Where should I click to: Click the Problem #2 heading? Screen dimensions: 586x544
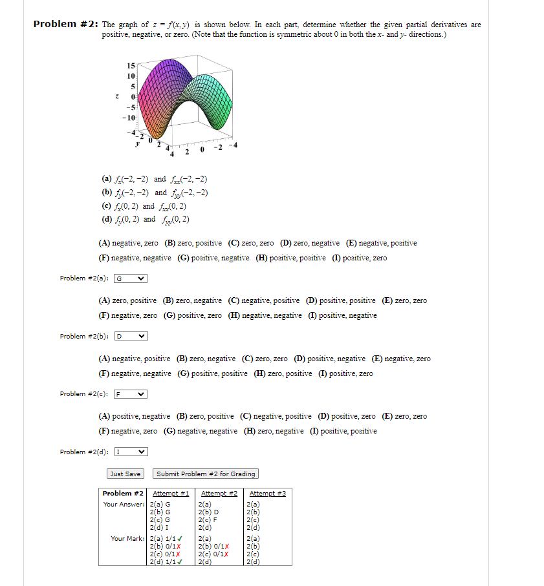65,25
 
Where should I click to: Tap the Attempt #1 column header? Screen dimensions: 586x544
171,494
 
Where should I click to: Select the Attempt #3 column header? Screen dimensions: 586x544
267,494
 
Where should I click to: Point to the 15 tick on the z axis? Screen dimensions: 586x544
130,66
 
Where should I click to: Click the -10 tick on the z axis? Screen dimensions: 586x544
128,118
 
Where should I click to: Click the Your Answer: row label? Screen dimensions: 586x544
125,504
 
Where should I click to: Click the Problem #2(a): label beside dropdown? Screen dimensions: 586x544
85,278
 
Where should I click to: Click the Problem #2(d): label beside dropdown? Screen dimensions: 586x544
85,452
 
